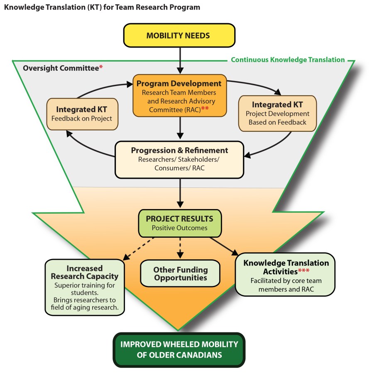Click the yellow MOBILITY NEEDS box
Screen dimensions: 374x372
[x=179, y=35]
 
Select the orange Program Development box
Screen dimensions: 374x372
[x=179, y=95]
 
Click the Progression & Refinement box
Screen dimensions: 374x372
[x=179, y=160]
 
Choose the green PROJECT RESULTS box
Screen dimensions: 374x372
[x=179, y=223]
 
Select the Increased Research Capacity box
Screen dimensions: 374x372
[x=84, y=287]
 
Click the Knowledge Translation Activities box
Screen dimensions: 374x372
[x=286, y=274]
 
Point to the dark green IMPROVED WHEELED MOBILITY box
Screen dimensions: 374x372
[x=179, y=349]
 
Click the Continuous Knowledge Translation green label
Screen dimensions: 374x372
[x=288, y=59]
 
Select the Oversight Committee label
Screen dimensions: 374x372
[x=61, y=68]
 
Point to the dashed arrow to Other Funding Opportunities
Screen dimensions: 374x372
[x=180, y=248]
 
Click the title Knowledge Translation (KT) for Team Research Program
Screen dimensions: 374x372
[x=102, y=7]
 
